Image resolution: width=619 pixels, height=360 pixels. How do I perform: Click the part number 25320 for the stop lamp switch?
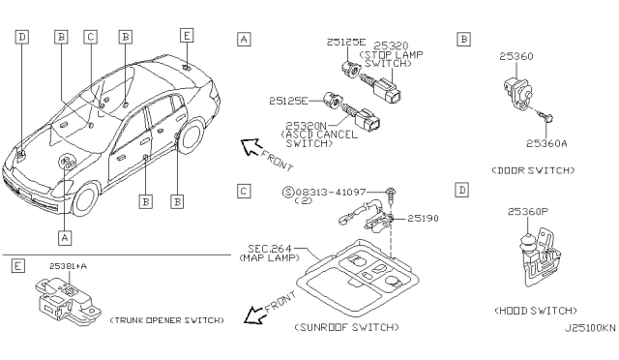[391, 45]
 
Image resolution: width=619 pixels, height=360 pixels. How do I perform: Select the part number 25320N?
[306, 126]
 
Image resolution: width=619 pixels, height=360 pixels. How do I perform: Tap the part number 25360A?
[546, 143]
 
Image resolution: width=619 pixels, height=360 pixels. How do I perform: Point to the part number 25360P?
[528, 212]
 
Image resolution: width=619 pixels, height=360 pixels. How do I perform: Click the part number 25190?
[423, 218]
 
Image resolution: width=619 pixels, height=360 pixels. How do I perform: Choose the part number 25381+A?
[68, 266]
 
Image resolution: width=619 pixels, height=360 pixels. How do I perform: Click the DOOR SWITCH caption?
[533, 170]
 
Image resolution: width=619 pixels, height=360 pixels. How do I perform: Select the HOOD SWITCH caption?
[536, 311]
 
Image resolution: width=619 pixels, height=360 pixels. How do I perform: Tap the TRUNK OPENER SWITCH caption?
[166, 320]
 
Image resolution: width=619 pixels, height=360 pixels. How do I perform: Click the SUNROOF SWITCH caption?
[346, 327]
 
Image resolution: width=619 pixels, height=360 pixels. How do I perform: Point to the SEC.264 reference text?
[269, 249]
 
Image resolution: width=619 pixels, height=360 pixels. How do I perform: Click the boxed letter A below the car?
[65, 238]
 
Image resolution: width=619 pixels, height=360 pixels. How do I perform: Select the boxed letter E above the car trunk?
[187, 36]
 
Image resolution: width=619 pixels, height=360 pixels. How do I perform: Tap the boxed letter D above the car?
[21, 37]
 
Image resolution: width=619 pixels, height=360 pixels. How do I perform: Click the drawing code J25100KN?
[590, 329]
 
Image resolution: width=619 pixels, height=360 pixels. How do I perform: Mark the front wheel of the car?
[85, 199]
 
